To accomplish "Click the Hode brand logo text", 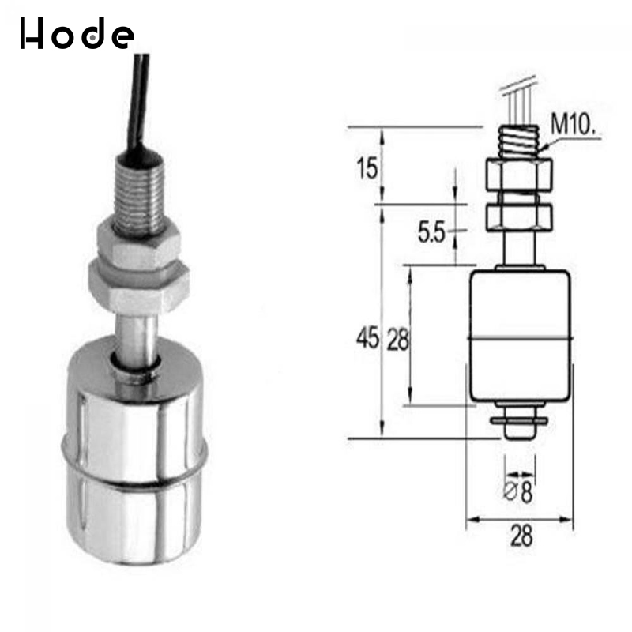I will click(77, 34).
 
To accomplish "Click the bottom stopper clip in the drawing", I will click(519, 423).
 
